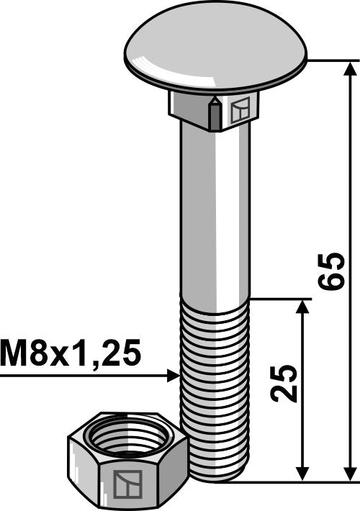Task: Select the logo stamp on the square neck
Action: pyautogui.click(x=240, y=110)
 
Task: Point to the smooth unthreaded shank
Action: pyautogui.click(x=215, y=216)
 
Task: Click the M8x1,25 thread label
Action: pyautogui.click(x=70, y=354)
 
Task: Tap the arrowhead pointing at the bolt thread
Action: pyautogui.click(x=172, y=375)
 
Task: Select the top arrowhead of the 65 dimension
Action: pyautogui.click(x=351, y=69)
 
